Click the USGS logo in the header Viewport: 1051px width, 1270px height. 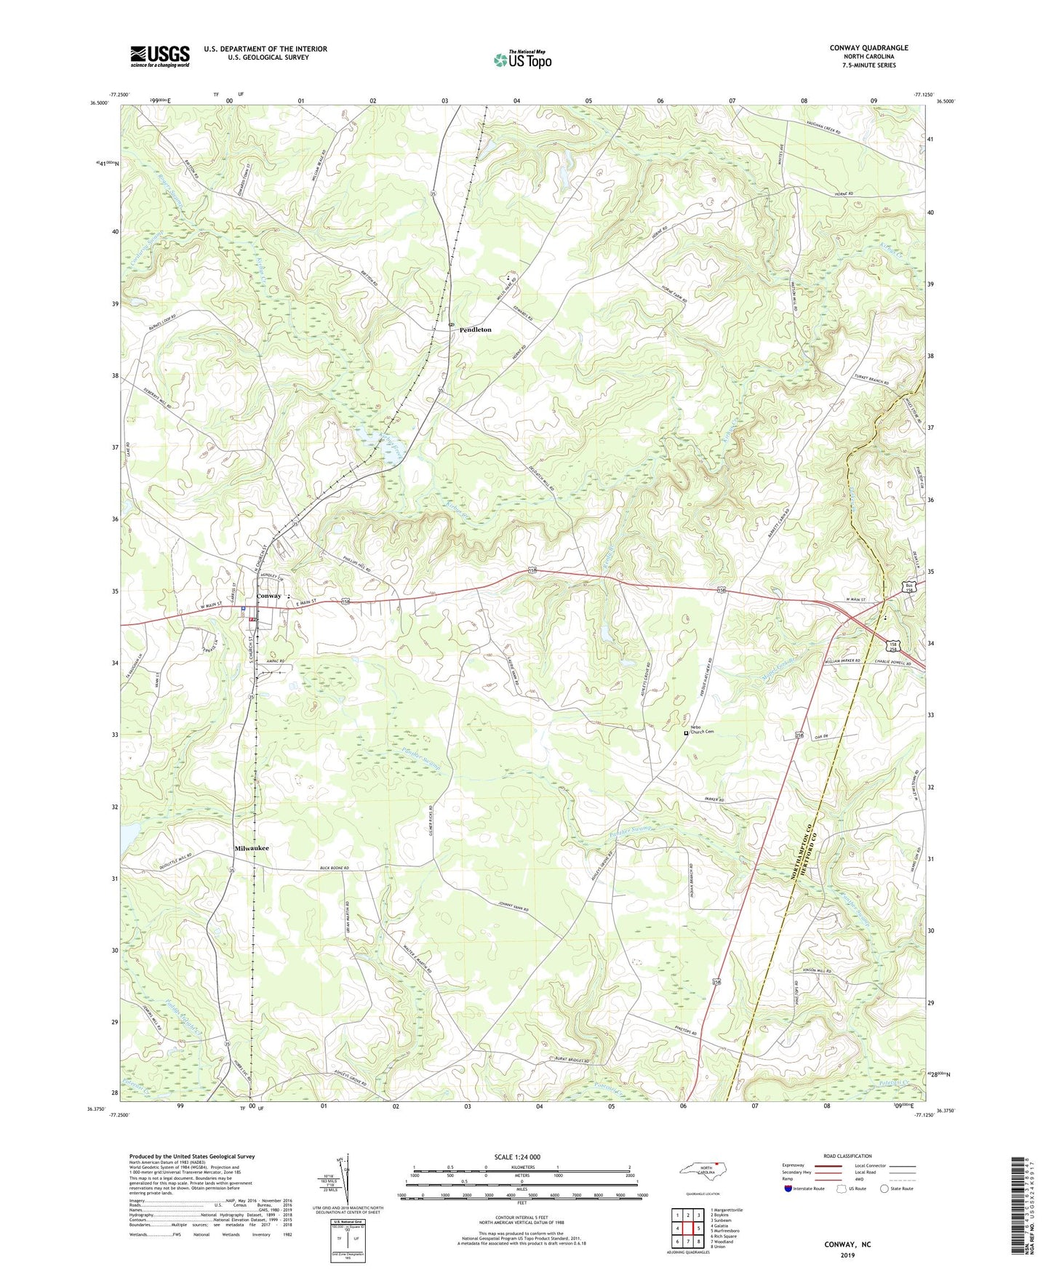[x=160, y=56]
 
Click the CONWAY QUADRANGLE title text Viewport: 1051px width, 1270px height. [x=868, y=48]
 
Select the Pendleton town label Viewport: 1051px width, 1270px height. [x=475, y=330]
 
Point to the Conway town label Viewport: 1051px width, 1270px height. [x=268, y=596]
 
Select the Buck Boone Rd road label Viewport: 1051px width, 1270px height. [x=335, y=868]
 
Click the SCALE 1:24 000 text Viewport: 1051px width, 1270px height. [x=517, y=1157]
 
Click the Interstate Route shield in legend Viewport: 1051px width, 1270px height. [x=788, y=1189]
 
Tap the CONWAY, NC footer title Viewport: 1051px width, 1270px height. [x=847, y=1244]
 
